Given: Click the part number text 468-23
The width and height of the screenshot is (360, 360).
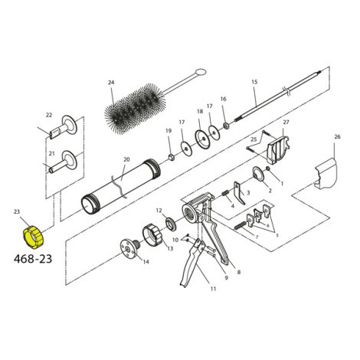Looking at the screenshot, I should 36,259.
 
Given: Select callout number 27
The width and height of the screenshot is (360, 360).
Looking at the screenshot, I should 286,122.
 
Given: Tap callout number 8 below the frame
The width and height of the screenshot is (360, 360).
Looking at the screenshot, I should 239,272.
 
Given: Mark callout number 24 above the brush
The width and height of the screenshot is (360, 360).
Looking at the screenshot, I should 110,82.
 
